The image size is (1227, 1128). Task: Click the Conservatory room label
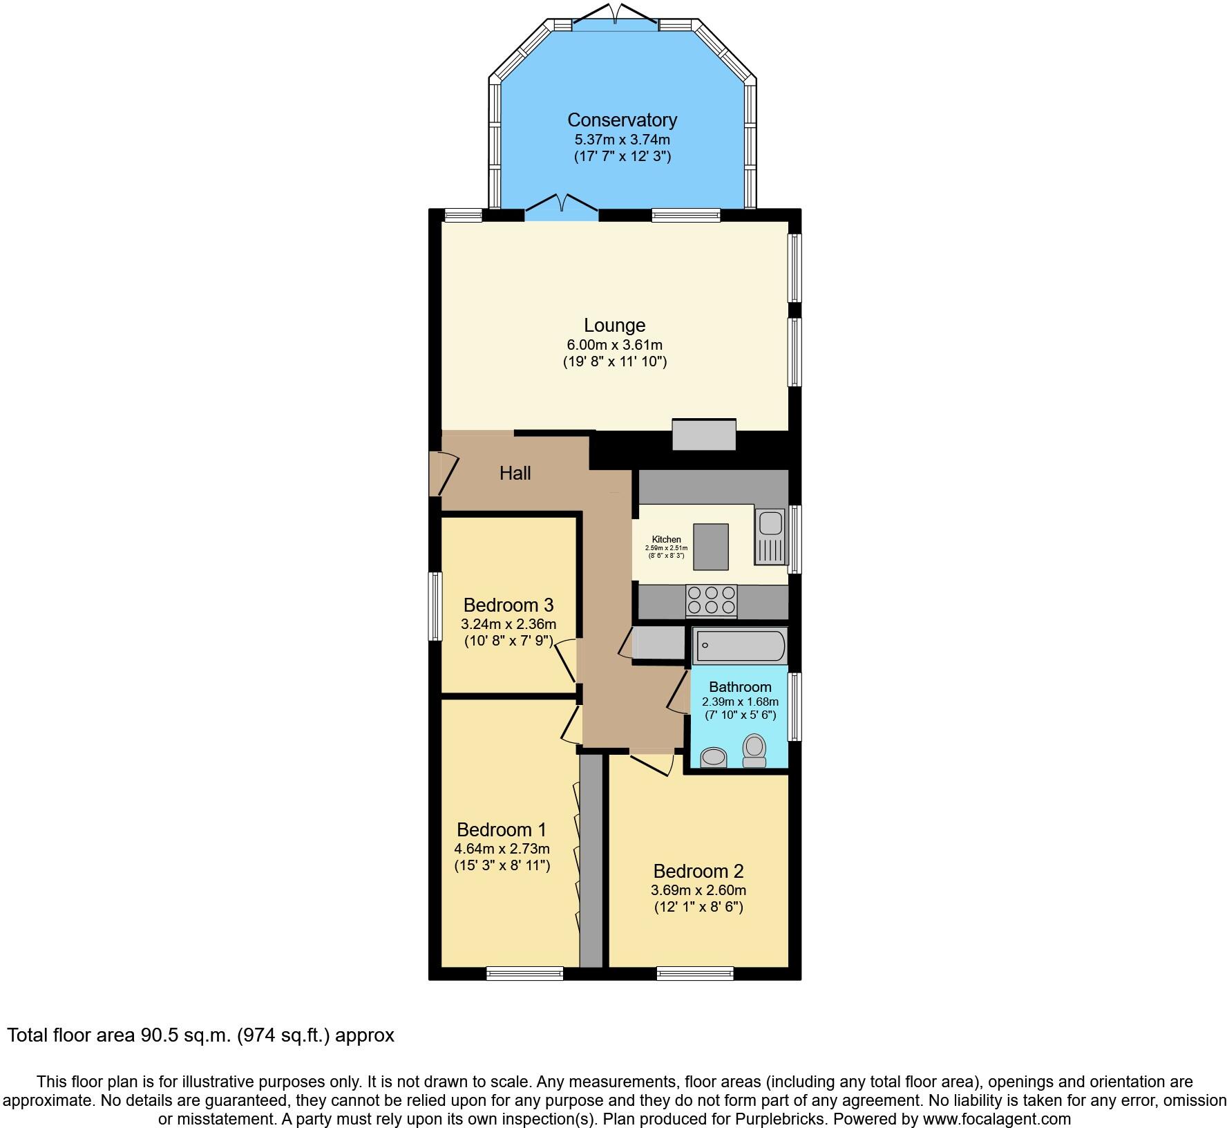[622, 120]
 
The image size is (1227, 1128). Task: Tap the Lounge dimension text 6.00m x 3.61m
[614, 344]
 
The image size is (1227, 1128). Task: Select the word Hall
[515, 473]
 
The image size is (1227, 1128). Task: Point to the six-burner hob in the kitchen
[711, 600]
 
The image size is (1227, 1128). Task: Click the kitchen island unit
[711, 547]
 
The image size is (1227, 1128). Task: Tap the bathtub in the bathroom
[739, 646]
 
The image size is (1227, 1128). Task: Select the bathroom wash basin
[713, 758]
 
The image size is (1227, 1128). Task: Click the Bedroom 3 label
[508, 605]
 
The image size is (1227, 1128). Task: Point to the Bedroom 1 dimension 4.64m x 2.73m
[502, 848]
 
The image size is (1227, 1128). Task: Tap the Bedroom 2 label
[698, 871]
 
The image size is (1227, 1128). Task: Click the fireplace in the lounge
[704, 435]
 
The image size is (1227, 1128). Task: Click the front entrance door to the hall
[444, 474]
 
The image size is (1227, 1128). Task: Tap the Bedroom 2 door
[652, 764]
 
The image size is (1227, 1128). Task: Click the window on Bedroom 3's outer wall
[435, 606]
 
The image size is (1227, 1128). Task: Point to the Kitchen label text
[666, 540]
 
